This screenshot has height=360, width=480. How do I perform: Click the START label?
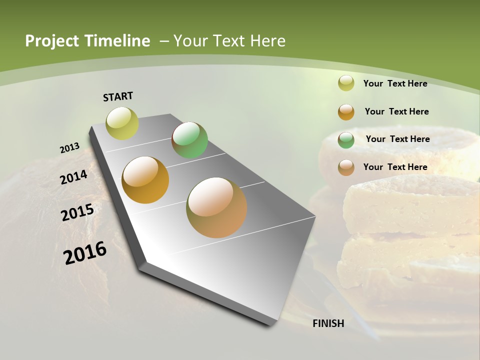(118, 96)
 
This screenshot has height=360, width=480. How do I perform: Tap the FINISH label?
(328, 323)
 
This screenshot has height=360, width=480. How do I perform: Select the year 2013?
(69, 148)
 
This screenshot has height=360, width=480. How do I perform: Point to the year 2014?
(73, 177)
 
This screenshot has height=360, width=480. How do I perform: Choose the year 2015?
(77, 212)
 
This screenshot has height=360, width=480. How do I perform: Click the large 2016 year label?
(85, 253)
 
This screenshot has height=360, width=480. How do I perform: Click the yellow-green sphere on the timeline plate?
(122, 123)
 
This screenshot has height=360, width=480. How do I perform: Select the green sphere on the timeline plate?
(189, 140)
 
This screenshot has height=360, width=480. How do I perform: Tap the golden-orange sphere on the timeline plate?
(145, 180)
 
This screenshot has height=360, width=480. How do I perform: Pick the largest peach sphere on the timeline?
(216, 207)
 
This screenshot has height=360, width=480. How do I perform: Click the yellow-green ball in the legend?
(346, 83)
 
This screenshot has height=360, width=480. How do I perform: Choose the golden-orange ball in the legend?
(346, 112)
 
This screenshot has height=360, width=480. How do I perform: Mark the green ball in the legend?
(346, 140)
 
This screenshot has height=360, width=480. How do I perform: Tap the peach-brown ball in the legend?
(346, 167)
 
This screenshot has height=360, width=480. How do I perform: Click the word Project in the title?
(52, 41)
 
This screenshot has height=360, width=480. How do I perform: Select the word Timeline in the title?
(118, 41)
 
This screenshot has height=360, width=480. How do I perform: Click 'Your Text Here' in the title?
(229, 41)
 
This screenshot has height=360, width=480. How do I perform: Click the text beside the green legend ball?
(397, 139)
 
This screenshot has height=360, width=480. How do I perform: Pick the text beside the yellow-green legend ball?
(395, 83)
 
